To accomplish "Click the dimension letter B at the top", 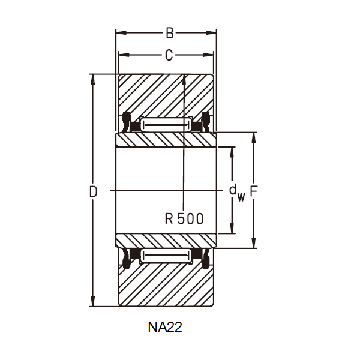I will coord(169,34).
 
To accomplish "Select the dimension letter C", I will coord(169,56).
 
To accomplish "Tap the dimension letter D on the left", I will coord(93,192).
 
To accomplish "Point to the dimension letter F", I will coord(254,191).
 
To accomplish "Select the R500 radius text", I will coord(184,218).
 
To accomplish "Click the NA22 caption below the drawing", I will coord(165,328).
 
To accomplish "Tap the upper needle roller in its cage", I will coord(166,124).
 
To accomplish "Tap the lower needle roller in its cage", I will coord(166,257).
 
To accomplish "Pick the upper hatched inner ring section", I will coord(166,139).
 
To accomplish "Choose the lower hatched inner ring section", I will coord(166,241).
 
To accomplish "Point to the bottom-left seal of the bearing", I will coord(127,259).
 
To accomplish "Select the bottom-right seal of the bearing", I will coord(206,259).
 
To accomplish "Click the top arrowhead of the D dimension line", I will coord(92,79).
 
